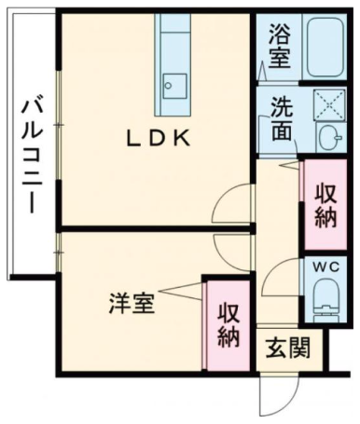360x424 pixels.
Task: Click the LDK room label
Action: (x=158, y=138)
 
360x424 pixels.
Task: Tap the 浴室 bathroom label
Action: (x=280, y=46)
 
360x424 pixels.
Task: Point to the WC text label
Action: (x=325, y=267)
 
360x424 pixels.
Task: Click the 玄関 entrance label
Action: (x=288, y=348)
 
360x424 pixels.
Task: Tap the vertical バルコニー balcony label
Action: (x=32, y=157)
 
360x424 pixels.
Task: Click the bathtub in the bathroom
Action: (x=325, y=47)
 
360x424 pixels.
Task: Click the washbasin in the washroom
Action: (x=329, y=137)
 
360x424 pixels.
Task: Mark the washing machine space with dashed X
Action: (x=329, y=104)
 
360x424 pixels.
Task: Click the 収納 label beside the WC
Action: (x=325, y=205)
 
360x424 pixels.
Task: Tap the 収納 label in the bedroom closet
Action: (x=228, y=325)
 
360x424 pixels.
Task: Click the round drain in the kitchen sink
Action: (x=168, y=86)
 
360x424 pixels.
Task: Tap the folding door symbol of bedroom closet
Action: (x=182, y=292)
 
